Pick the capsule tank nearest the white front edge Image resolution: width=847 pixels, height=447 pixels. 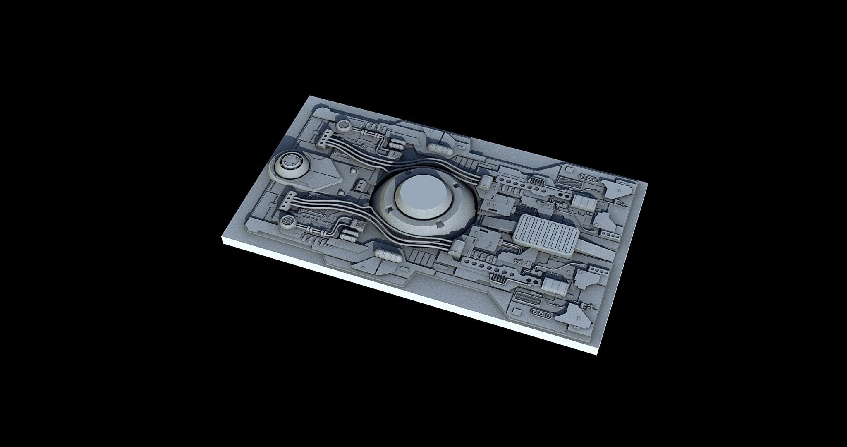point(387,256)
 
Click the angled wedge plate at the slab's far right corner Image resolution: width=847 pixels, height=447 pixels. point(617,189)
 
